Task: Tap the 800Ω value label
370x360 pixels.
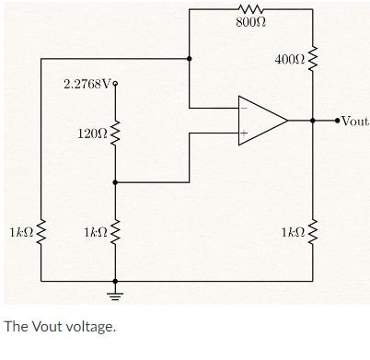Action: pos(251,22)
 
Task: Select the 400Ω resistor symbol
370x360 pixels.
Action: pos(313,61)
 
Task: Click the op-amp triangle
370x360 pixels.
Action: pos(261,120)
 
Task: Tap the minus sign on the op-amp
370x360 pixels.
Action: pos(244,107)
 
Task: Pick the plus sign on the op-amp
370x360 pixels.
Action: pos(244,134)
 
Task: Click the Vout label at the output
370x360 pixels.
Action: pos(355,121)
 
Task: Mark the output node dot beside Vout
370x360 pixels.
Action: pos(340,121)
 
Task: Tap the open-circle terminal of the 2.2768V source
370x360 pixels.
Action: pos(115,85)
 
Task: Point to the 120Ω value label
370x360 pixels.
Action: pos(92,135)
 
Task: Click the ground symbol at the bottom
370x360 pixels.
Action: pos(115,295)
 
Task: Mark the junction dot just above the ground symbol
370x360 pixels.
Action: pos(115,280)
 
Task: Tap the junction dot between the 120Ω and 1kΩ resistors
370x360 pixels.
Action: pos(115,182)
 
